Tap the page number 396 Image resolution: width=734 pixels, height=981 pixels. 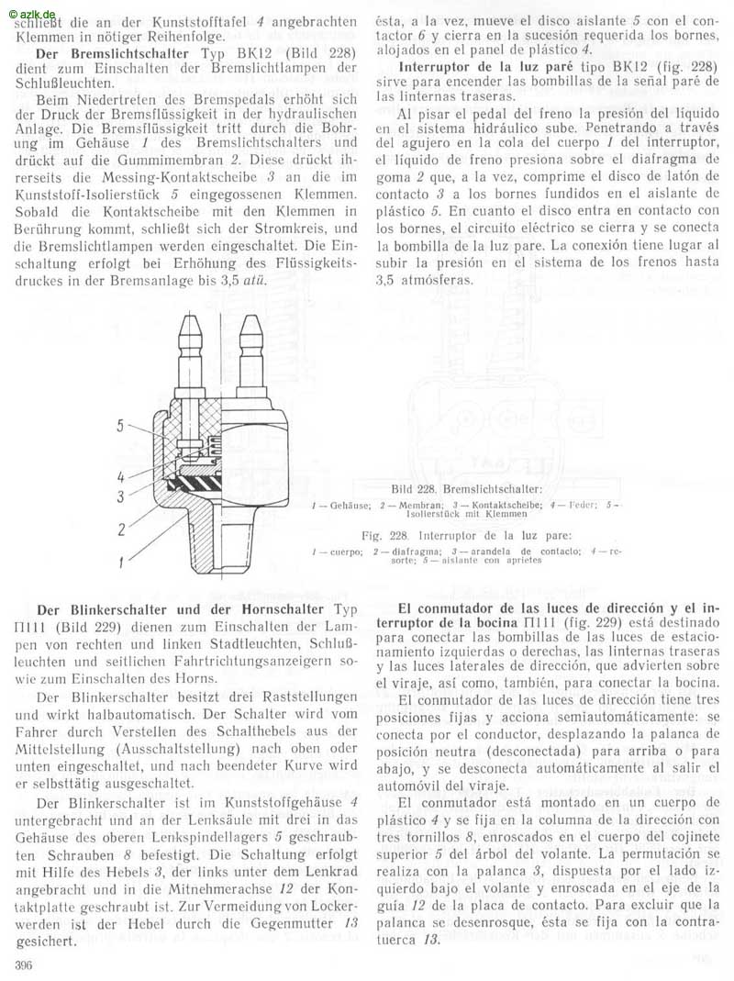(26, 964)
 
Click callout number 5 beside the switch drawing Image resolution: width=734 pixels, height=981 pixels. (120, 426)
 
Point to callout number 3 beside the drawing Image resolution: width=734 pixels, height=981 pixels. (120, 496)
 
